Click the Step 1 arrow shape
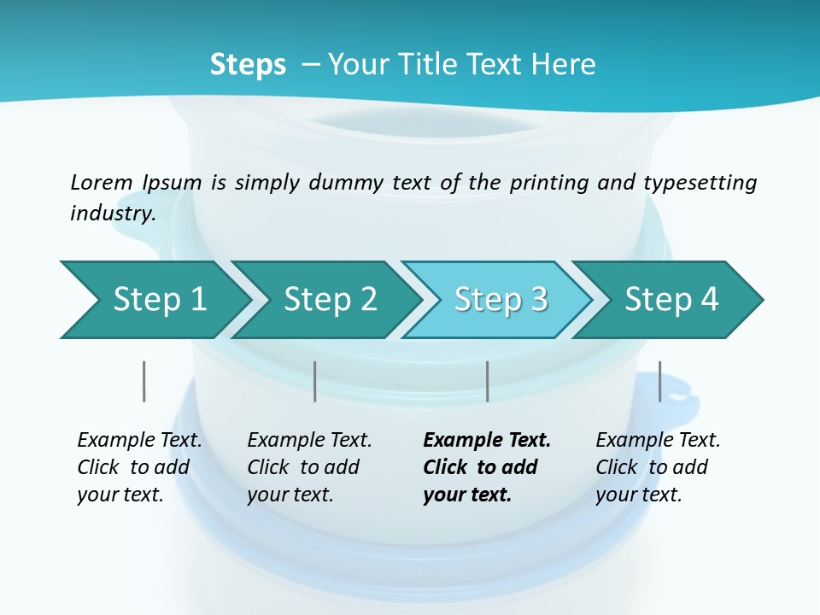pos(159,300)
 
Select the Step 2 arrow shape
pos(330,300)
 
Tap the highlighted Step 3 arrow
pos(501,300)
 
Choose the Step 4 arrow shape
pos(671,300)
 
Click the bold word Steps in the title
pos(248,65)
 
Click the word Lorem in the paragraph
pos(102,182)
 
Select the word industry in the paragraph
pos(112,213)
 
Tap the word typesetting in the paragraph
pos(700,182)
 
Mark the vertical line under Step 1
pos(144,381)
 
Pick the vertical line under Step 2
pos(315,381)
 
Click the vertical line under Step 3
pos(487,381)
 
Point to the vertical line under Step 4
pos(659,381)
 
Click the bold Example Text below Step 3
pos(487,441)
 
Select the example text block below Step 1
pos(139,467)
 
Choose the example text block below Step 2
pos(309,467)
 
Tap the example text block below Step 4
pos(658,467)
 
